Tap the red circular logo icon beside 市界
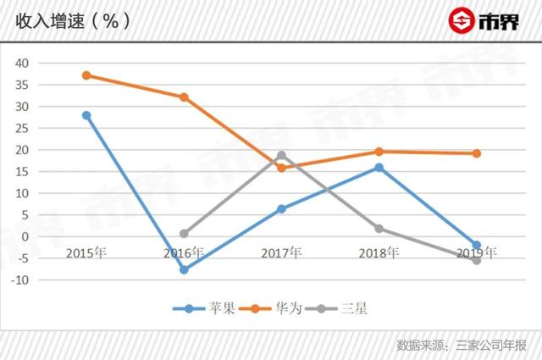pos(462,20)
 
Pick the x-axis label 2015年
pos(86,252)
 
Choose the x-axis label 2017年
pos(281,252)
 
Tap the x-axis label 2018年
pos(379,252)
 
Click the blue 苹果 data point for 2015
pos(86,115)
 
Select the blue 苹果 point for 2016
pos(184,269)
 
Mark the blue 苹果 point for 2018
pos(379,168)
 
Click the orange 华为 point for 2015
pos(86,75)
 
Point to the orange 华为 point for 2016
pos(184,97)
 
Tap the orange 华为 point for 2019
pos(477,153)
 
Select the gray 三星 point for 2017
pos(281,155)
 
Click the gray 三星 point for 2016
pos(184,234)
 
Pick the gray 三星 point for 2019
pos(477,260)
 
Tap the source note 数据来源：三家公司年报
pos(462,345)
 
